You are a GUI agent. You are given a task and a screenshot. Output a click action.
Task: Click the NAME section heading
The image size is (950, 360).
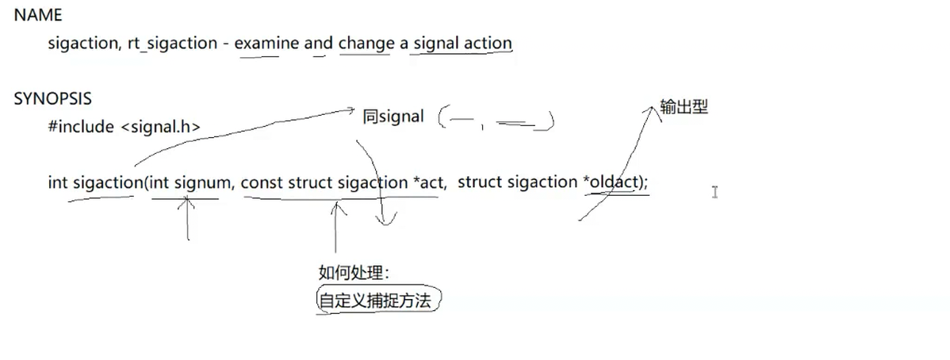coord(38,15)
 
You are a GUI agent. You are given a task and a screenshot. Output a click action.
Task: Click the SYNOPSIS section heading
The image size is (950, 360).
coord(52,99)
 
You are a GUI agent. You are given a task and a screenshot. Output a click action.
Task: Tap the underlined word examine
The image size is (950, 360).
coord(266,44)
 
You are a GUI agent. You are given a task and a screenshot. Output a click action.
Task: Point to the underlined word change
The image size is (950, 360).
coord(366,44)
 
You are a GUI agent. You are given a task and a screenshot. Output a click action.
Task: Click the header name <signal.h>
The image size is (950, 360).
coord(160,127)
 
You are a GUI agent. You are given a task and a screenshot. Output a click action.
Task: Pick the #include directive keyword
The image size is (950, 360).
coord(81,127)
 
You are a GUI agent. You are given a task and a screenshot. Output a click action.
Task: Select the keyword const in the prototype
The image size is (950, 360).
coord(262,182)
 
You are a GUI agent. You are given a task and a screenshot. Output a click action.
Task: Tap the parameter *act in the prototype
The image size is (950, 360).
coord(429,182)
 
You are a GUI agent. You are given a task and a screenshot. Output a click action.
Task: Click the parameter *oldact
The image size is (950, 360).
coord(613,182)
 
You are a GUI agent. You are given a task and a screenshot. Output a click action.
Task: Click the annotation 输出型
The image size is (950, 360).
coord(684,107)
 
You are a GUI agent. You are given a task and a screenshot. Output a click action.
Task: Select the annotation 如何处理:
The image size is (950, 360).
coord(354,274)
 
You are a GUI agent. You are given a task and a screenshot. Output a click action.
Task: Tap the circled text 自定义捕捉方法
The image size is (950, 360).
coord(377,301)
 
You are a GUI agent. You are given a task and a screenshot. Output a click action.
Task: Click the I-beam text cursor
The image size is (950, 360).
coord(714,191)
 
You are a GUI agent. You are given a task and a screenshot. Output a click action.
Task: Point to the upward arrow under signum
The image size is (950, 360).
coord(187,218)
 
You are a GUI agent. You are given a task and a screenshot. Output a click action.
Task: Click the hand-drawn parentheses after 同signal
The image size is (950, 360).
coord(496,119)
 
